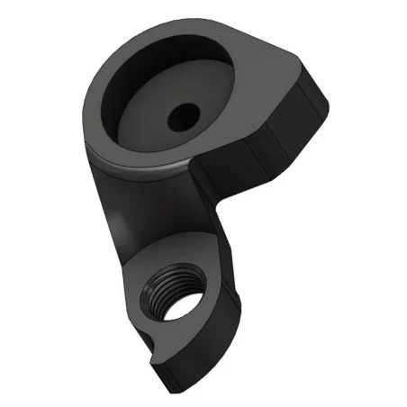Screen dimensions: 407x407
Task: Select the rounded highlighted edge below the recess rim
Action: click(x=153, y=164)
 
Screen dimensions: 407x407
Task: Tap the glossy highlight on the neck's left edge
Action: click(x=113, y=216)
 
